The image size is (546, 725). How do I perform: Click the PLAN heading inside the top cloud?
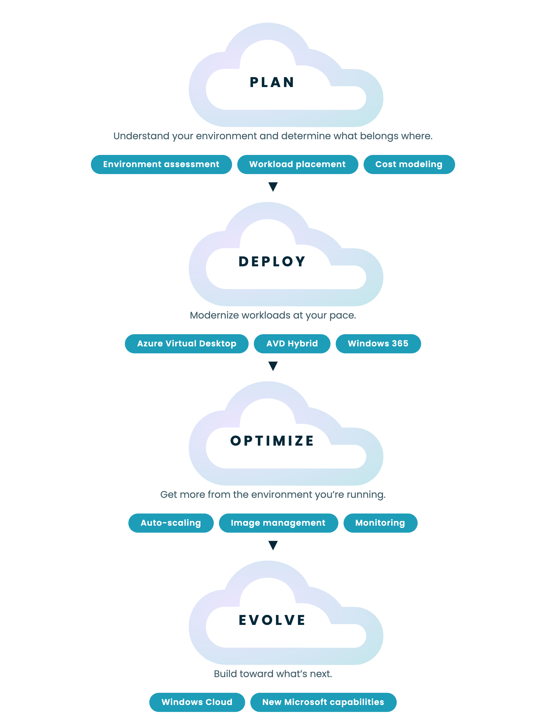[x=272, y=82]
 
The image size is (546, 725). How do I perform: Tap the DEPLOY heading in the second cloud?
[x=272, y=262]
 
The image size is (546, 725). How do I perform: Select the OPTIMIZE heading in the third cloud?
[x=272, y=441]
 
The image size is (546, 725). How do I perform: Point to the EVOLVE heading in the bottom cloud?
[x=272, y=620]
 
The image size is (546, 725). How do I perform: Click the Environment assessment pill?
[x=161, y=164]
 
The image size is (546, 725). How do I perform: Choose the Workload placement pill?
[x=298, y=164]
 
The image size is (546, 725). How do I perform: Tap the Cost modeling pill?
[x=409, y=164]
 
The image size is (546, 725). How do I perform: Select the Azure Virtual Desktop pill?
[x=187, y=344]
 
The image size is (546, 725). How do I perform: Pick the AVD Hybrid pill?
[x=292, y=344]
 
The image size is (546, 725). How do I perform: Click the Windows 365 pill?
[x=378, y=344]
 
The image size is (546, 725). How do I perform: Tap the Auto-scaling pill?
[x=171, y=523]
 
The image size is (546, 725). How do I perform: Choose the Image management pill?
[x=279, y=523]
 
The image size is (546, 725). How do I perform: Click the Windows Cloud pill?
[x=197, y=702]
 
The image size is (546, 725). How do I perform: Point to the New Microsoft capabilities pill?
[x=324, y=702]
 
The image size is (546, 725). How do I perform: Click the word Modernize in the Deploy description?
[x=214, y=315]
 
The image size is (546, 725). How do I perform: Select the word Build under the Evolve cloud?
[x=226, y=674]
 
